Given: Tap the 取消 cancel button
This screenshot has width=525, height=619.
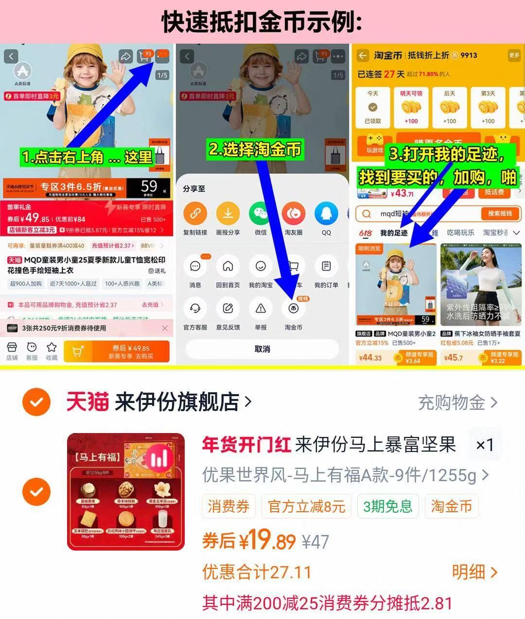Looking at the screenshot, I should click(x=262, y=349).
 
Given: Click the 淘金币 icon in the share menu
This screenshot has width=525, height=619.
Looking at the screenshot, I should click(x=293, y=308).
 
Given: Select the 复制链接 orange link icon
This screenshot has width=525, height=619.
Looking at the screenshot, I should click(x=195, y=213).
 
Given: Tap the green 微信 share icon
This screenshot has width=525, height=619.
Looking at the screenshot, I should click(x=261, y=213).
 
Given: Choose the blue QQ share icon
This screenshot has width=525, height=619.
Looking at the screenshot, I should click(x=326, y=213).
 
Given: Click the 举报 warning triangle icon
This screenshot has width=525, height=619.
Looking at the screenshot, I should click(x=261, y=308).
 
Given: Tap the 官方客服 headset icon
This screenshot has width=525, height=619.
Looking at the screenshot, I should click(x=195, y=308).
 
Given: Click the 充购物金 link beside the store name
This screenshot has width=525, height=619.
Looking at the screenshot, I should click(x=457, y=402).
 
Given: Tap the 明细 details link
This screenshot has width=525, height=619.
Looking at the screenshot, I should click(x=474, y=572).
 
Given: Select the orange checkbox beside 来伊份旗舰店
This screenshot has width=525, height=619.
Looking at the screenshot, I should click(x=36, y=402).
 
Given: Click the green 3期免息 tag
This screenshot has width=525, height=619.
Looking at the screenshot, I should click(x=387, y=506).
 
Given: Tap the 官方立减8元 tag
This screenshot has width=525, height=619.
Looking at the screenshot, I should click(x=306, y=506).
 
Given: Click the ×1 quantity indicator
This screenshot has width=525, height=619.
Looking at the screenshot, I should click(x=484, y=445).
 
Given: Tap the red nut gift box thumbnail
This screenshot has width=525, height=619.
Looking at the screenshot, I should click(x=126, y=491).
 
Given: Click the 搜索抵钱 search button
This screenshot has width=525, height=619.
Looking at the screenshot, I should click(x=500, y=214).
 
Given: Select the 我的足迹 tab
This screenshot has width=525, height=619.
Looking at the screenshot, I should click(x=394, y=233).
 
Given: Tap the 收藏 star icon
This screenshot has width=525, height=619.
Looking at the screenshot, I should click(x=52, y=351).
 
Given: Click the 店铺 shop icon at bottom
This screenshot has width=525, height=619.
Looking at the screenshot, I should click(x=12, y=351).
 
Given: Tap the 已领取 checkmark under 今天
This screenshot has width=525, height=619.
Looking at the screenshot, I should click(x=373, y=107).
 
